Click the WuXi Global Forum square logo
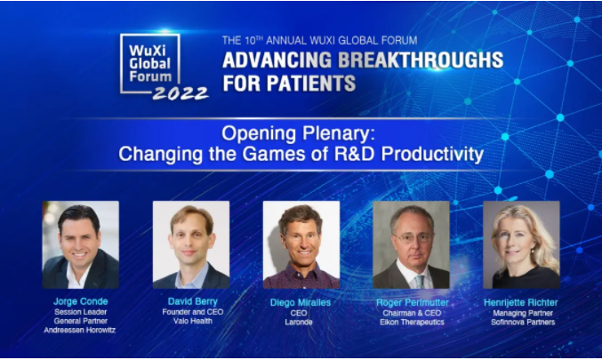pyautogui.click(x=149, y=64)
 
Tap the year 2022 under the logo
pyautogui.click(x=181, y=93)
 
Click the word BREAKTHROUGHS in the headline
pyautogui.click(x=421, y=60)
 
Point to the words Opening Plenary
pyautogui.click(x=298, y=133)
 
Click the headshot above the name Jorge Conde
pyautogui.click(x=81, y=244)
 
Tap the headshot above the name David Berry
pyautogui.click(x=191, y=244)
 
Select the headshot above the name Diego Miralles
pyautogui.click(x=301, y=244)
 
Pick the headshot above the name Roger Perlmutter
pyautogui.click(x=411, y=244)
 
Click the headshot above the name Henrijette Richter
pyautogui.click(x=521, y=244)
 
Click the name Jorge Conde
pyautogui.click(x=81, y=301)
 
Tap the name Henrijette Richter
pyautogui.click(x=521, y=302)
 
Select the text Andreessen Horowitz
pyautogui.click(x=79, y=330)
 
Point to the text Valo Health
pyautogui.click(x=193, y=321)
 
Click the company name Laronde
pyautogui.click(x=299, y=322)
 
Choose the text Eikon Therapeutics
pyautogui.click(x=412, y=322)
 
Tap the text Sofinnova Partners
pyautogui.click(x=523, y=322)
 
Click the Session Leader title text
pyautogui.click(x=81, y=312)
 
